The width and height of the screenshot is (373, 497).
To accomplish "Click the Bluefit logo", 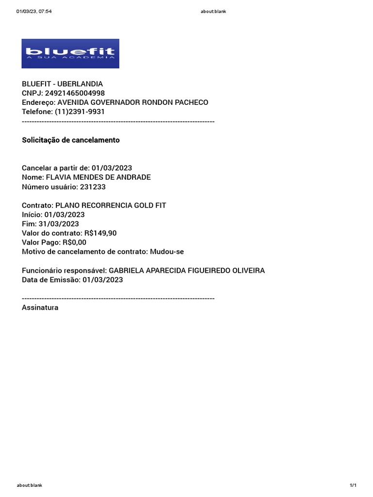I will click(x=70, y=53).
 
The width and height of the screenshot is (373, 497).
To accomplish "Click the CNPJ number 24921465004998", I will click(x=75, y=93).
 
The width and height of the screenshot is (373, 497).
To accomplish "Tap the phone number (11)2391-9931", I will click(x=80, y=112).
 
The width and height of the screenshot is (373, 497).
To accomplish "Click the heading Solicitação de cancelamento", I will click(x=70, y=140).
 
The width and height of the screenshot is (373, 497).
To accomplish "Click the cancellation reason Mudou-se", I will click(x=167, y=251).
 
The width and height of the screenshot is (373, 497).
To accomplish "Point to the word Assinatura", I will click(x=40, y=307).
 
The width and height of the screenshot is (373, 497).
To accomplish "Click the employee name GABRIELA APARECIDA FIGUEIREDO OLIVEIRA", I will click(x=186, y=270).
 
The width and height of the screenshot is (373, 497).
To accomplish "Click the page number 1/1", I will click(x=353, y=485).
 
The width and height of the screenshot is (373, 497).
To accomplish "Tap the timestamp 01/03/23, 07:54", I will click(x=34, y=12).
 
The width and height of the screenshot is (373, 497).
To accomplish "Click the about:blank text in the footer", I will click(x=29, y=485).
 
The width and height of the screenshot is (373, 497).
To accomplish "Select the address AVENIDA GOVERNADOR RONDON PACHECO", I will click(x=133, y=102).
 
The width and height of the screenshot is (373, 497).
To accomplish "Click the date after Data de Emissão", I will click(x=102, y=280).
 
